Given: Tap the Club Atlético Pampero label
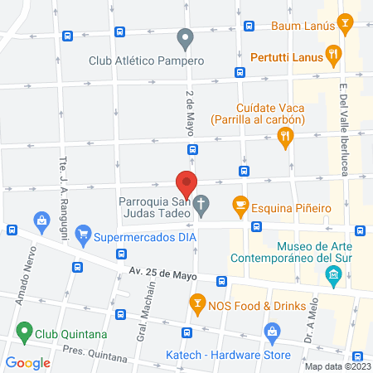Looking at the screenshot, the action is click(138, 60).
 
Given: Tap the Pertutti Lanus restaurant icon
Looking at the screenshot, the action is click(334, 56).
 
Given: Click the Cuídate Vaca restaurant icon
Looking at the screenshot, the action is click(286, 138).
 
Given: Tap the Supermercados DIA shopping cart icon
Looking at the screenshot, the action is click(83, 236).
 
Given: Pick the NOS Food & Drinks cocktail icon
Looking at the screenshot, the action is click(196, 307).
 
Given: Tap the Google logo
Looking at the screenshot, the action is click(28, 362).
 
